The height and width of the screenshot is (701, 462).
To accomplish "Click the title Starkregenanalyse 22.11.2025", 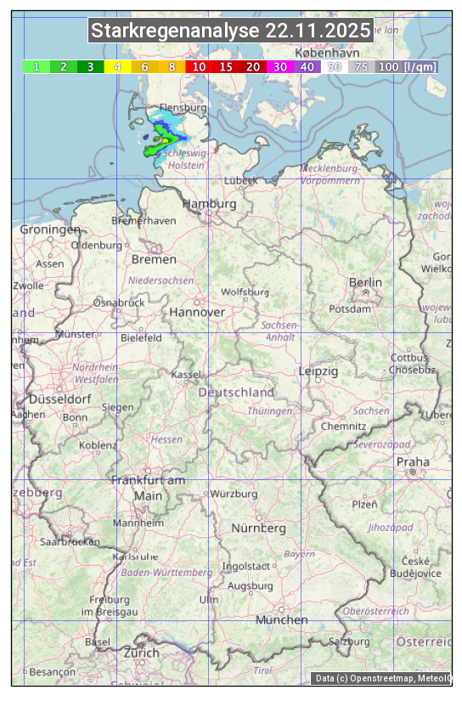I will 231,31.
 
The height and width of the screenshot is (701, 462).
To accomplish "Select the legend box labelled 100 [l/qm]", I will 408,66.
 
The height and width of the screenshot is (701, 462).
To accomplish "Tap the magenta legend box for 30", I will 279,66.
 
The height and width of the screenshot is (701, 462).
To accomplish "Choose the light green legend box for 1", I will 37,66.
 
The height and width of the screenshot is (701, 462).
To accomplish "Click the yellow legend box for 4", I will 117,66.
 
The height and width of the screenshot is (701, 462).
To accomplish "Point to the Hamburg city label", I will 209,204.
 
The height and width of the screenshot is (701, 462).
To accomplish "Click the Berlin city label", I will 365,282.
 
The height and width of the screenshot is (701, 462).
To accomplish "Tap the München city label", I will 282,619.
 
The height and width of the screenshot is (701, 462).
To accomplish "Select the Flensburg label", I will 183,108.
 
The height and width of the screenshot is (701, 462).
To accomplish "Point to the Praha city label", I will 413,461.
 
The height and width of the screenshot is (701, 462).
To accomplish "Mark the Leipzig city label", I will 318,371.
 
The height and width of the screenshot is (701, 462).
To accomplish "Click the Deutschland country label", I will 236,392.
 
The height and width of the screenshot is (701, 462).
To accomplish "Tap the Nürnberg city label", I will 259,528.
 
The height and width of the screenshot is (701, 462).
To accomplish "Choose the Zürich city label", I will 141,653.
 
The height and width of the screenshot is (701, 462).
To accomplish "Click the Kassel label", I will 185,374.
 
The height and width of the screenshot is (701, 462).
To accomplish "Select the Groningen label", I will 50,229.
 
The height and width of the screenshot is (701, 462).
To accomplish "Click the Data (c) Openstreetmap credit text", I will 382,678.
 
